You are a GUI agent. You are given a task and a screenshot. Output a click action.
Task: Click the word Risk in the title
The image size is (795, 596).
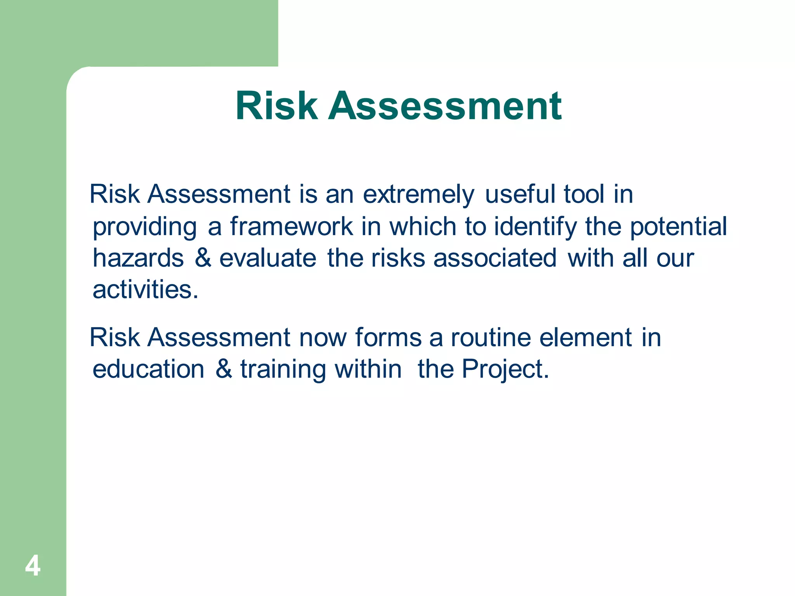276,106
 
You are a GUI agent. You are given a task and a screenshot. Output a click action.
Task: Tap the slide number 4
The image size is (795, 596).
33,566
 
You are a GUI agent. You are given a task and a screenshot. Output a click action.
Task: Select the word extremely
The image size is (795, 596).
418,195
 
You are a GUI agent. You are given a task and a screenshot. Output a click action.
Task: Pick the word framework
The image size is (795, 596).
292,227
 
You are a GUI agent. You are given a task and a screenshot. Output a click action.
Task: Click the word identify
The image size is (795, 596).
535,227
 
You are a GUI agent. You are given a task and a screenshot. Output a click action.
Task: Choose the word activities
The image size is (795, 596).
145,290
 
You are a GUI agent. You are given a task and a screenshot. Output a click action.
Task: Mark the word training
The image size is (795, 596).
283,370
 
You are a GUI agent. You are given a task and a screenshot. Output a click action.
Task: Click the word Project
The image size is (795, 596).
505,370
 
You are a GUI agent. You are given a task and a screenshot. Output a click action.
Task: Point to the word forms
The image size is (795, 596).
388,338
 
